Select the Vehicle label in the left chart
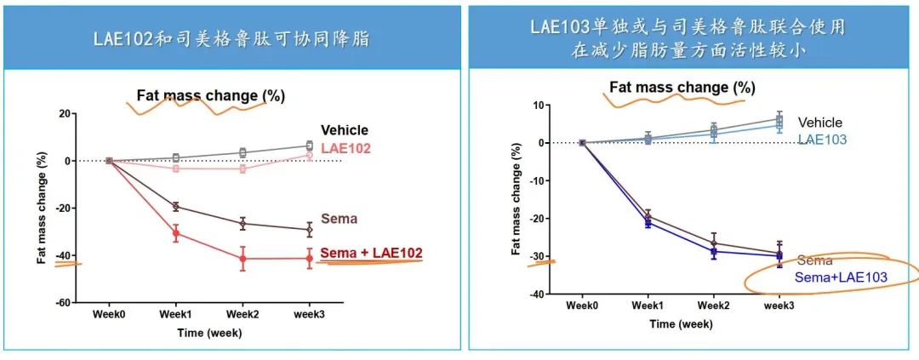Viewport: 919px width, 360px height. pos(345,130)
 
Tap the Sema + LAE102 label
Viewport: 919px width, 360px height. pos(371,253)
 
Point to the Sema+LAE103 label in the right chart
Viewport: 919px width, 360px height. pos(841,277)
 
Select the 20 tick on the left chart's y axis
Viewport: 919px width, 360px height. pos(65,113)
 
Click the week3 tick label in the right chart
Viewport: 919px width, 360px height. pos(779,305)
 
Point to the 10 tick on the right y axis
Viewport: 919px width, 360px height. pos(538,106)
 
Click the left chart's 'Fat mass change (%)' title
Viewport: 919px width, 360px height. pos(211,96)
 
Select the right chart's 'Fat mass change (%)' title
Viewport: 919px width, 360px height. pos(682,87)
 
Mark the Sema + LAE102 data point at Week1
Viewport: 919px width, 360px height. pos(176,233)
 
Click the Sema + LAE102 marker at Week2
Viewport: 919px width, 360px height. pos(243,259)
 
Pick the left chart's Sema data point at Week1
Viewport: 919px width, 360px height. pos(176,206)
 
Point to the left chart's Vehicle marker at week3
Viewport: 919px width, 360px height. pos(309,146)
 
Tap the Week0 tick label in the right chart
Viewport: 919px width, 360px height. pos(582,305)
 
